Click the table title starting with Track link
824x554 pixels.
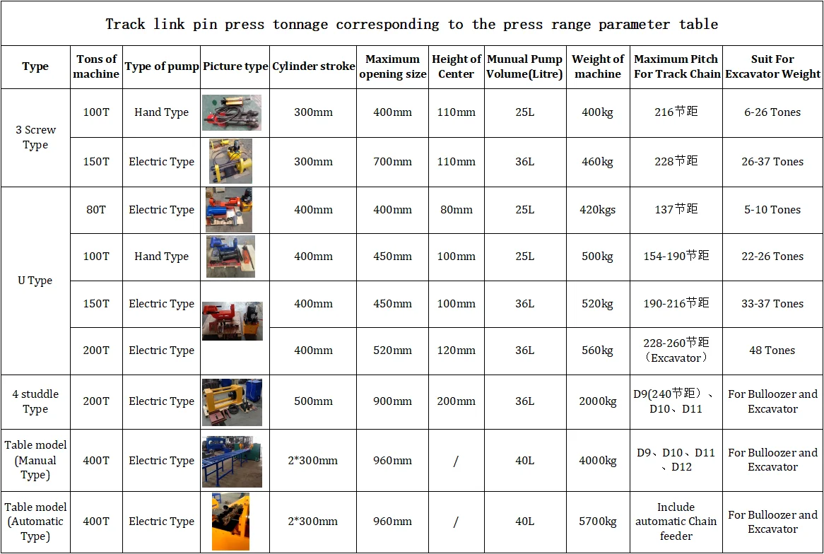point(411,25)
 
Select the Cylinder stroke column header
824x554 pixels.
point(313,66)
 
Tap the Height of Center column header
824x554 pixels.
point(456,66)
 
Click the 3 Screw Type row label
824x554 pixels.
point(35,138)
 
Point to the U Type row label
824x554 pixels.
point(35,281)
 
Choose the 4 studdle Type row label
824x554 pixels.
point(35,401)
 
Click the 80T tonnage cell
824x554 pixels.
point(96,210)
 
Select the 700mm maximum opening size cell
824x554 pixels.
point(392,162)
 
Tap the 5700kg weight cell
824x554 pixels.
point(598,521)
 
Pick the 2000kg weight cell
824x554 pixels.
point(598,401)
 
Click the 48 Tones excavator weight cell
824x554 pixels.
point(772,350)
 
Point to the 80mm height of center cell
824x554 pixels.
point(456,210)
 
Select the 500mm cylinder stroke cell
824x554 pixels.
point(313,401)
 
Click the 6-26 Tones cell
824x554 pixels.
point(772,112)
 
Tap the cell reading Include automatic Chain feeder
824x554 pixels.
point(676,521)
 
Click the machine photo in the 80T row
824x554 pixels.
point(228,210)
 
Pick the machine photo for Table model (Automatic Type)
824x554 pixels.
point(230,521)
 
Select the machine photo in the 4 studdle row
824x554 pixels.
point(232,402)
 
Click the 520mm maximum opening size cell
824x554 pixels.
point(392,350)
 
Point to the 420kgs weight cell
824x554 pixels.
point(598,210)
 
